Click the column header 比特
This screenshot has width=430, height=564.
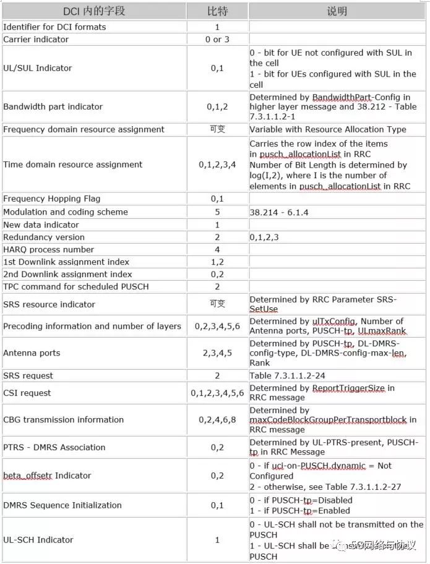217,11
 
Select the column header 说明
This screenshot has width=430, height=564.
337,11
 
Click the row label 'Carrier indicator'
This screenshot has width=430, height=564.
36,40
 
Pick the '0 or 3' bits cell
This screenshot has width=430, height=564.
217,40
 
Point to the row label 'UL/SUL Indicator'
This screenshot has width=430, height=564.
38,68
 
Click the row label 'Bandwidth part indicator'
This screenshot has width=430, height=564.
53,106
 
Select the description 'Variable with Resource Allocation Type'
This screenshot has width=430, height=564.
328,129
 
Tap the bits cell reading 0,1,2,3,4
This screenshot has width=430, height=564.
217,164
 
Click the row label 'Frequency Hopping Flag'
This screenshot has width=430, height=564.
51,199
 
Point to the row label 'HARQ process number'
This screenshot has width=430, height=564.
49,249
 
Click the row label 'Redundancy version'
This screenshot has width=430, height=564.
44,237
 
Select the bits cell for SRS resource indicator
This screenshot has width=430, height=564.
217,304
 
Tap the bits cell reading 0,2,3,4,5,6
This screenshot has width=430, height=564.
217,326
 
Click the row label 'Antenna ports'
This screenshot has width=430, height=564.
32,352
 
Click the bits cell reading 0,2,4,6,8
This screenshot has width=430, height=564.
217,419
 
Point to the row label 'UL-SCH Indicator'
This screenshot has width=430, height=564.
38,540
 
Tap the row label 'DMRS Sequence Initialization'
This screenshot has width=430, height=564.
62,505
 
